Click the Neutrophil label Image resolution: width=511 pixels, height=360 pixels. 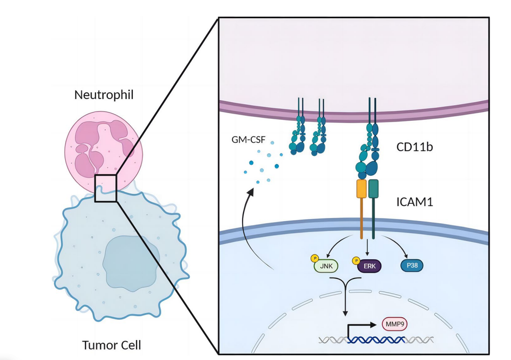(x=103, y=95)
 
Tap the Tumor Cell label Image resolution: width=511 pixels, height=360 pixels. (x=111, y=345)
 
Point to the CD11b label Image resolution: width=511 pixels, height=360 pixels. (x=415, y=147)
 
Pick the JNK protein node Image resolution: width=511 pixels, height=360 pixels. (x=325, y=266)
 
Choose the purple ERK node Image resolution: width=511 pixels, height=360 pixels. (x=369, y=266)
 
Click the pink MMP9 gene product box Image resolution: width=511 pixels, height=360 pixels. (x=394, y=323)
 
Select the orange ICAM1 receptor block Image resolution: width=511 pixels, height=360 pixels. (x=362, y=189)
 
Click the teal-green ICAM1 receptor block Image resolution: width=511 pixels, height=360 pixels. (x=373, y=189)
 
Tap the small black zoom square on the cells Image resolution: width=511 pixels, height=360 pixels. (x=106, y=188)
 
